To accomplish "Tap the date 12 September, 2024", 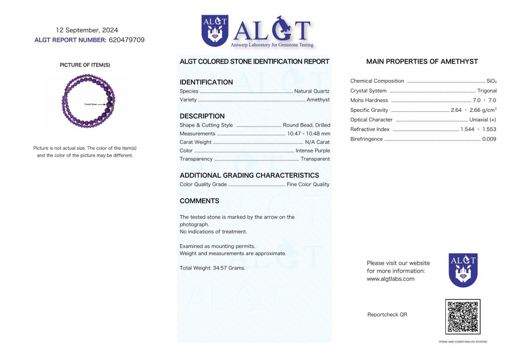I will [x=87, y=30].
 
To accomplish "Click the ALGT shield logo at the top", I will [x=215, y=31].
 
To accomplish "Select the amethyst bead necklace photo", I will [x=88, y=103].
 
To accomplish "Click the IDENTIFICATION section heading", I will [x=206, y=82].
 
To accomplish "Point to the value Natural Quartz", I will [x=312, y=91].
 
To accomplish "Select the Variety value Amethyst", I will [x=318, y=100].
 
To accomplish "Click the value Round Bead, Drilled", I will [x=306, y=125].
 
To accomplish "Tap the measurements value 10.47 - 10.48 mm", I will [x=309, y=134].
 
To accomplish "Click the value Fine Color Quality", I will [x=308, y=185].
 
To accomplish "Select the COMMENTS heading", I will [x=199, y=201].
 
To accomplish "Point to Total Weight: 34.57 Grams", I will [x=212, y=268].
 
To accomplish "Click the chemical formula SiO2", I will [x=491, y=81].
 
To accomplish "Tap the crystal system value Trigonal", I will [x=487, y=91].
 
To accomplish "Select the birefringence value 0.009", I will [x=489, y=139].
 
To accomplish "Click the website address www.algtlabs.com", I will [x=390, y=279].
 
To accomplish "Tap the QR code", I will [x=462, y=317].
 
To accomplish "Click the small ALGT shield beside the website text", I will [x=462, y=270].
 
